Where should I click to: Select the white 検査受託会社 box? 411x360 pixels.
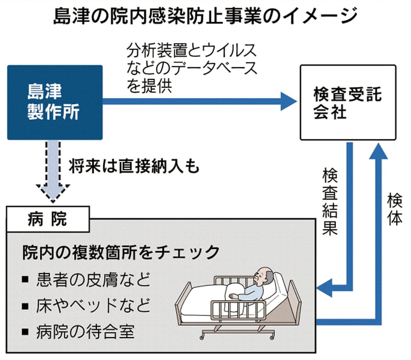[348, 102]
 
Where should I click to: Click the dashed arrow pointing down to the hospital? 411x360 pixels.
[53, 172]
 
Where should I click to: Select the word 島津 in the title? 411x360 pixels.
[70, 17]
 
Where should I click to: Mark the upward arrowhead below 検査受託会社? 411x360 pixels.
[380, 151]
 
